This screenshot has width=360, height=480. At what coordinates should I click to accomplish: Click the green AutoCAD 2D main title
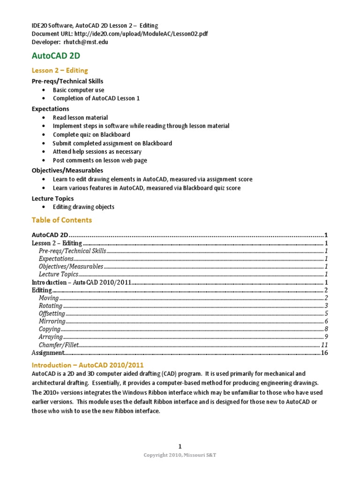(x=55, y=56)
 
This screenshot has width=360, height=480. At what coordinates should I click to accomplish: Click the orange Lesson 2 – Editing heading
(x=60, y=70)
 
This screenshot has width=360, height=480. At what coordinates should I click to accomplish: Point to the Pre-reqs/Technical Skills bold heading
(x=67, y=81)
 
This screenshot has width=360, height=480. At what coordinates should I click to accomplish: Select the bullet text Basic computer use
(x=78, y=90)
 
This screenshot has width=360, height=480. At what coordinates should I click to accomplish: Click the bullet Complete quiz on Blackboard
(x=91, y=135)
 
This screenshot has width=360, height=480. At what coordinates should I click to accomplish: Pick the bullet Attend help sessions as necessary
(x=97, y=151)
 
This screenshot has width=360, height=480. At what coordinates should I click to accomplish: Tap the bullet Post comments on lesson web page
(x=99, y=160)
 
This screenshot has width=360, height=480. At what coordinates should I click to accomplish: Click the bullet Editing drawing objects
(x=83, y=207)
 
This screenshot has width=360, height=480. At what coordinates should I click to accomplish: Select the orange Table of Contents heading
(x=61, y=220)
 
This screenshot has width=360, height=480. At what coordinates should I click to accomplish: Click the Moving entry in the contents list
(x=49, y=298)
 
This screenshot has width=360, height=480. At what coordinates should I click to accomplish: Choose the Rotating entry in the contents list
(x=51, y=306)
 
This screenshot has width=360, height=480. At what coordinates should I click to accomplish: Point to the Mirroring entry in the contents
(x=52, y=322)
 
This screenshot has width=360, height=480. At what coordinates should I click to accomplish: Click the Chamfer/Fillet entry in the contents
(x=59, y=345)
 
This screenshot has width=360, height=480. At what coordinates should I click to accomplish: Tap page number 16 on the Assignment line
(x=324, y=353)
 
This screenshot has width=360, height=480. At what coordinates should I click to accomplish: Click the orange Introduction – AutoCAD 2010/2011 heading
(x=88, y=365)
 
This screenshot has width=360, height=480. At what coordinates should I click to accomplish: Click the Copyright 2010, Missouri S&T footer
(x=180, y=455)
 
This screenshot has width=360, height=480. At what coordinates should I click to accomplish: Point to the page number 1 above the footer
(x=180, y=446)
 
